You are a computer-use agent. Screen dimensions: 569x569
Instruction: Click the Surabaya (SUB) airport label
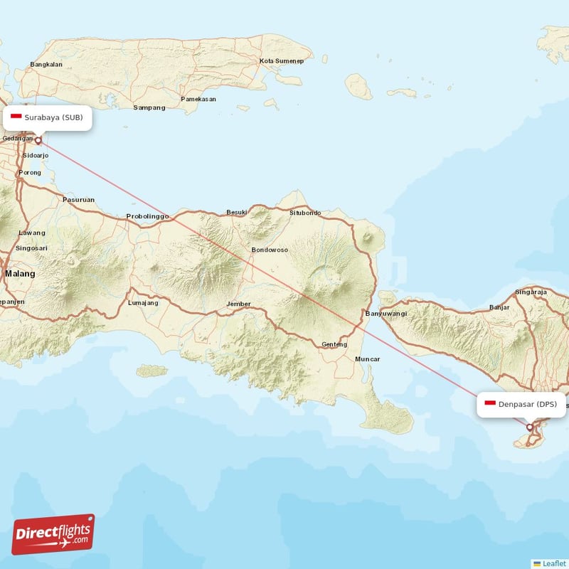point(48,117)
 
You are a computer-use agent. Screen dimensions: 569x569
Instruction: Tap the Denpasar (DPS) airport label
point(521,404)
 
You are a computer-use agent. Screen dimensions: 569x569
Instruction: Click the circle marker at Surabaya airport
point(38,140)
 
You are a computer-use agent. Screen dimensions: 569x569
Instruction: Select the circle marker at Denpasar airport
point(530,427)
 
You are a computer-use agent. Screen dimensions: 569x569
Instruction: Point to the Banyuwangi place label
point(386,313)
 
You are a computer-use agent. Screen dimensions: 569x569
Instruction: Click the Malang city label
point(19,273)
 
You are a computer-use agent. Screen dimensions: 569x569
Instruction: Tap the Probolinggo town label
point(147,216)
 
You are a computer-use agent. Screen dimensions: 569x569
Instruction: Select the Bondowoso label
point(270,250)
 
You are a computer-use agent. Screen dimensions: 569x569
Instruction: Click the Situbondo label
point(305,213)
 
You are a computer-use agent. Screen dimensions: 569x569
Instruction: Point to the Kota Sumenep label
point(282,61)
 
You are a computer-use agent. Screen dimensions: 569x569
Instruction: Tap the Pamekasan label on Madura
point(198,99)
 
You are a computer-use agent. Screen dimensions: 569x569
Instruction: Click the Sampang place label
point(149,107)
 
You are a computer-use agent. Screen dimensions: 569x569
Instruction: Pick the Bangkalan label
point(46,65)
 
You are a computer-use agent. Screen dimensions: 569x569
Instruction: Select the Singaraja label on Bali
point(531,292)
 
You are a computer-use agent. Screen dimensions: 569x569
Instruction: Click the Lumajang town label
point(143,302)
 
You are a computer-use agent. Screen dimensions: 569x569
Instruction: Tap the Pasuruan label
point(78,200)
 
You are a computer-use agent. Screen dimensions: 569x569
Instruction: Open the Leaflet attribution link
point(553,563)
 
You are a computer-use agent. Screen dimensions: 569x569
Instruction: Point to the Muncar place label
point(368,359)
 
